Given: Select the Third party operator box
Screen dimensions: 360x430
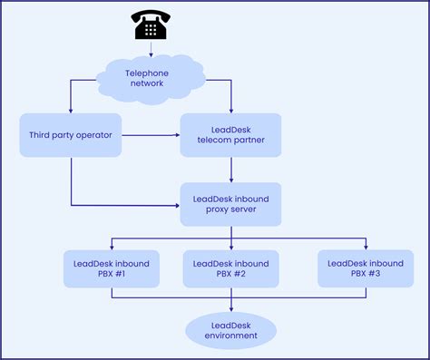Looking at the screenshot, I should click(71, 135).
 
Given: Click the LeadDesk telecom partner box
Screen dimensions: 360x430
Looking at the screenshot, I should click(231, 135).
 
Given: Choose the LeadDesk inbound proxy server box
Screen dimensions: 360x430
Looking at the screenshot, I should click(231, 204).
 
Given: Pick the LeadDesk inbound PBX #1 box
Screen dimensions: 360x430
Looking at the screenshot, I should click(111, 269).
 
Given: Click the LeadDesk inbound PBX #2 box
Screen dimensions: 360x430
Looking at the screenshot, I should click(231, 269).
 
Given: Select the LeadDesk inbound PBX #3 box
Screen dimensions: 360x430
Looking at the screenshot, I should click(366, 269).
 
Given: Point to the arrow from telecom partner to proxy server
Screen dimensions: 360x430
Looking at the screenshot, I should click(231, 169).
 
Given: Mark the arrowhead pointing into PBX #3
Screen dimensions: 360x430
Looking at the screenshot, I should click(366, 246).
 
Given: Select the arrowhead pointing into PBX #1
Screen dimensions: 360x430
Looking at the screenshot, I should click(111, 246).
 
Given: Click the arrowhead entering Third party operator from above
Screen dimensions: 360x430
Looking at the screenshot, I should click(71, 110).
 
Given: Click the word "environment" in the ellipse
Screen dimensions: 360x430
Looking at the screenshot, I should click(231, 336).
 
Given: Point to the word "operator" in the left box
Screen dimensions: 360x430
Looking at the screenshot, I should click(94, 135).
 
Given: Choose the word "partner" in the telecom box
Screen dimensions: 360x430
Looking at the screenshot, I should click(248, 141).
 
